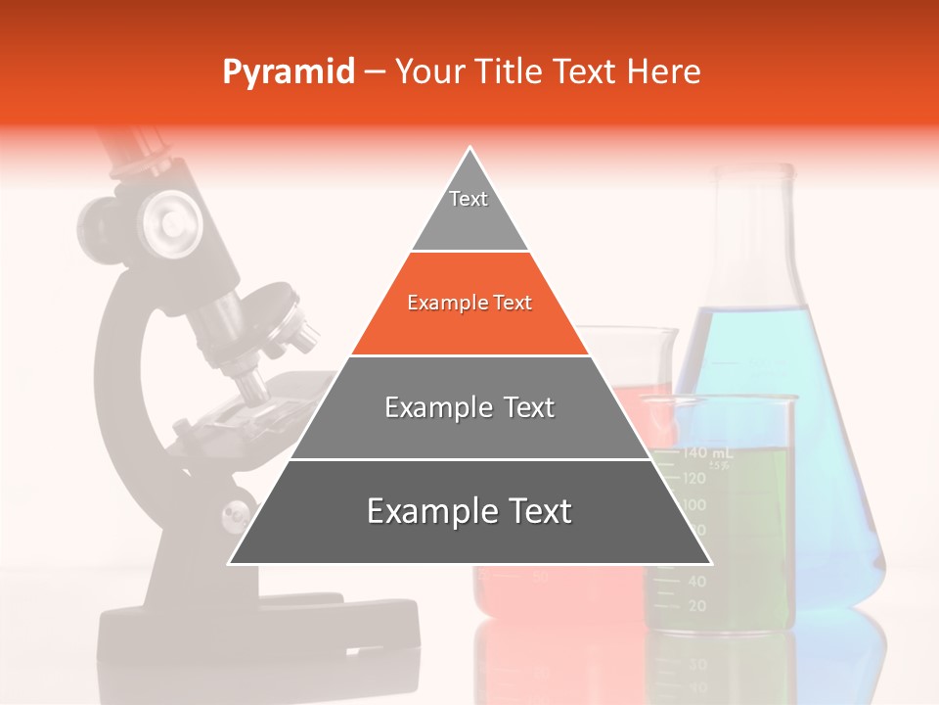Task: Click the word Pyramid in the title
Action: (x=288, y=72)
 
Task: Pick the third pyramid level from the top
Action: (x=469, y=407)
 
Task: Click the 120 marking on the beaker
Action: (x=694, y=478)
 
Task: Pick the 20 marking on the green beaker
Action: (x=696, y=606)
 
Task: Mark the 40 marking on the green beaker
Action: (x=696, y=581)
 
